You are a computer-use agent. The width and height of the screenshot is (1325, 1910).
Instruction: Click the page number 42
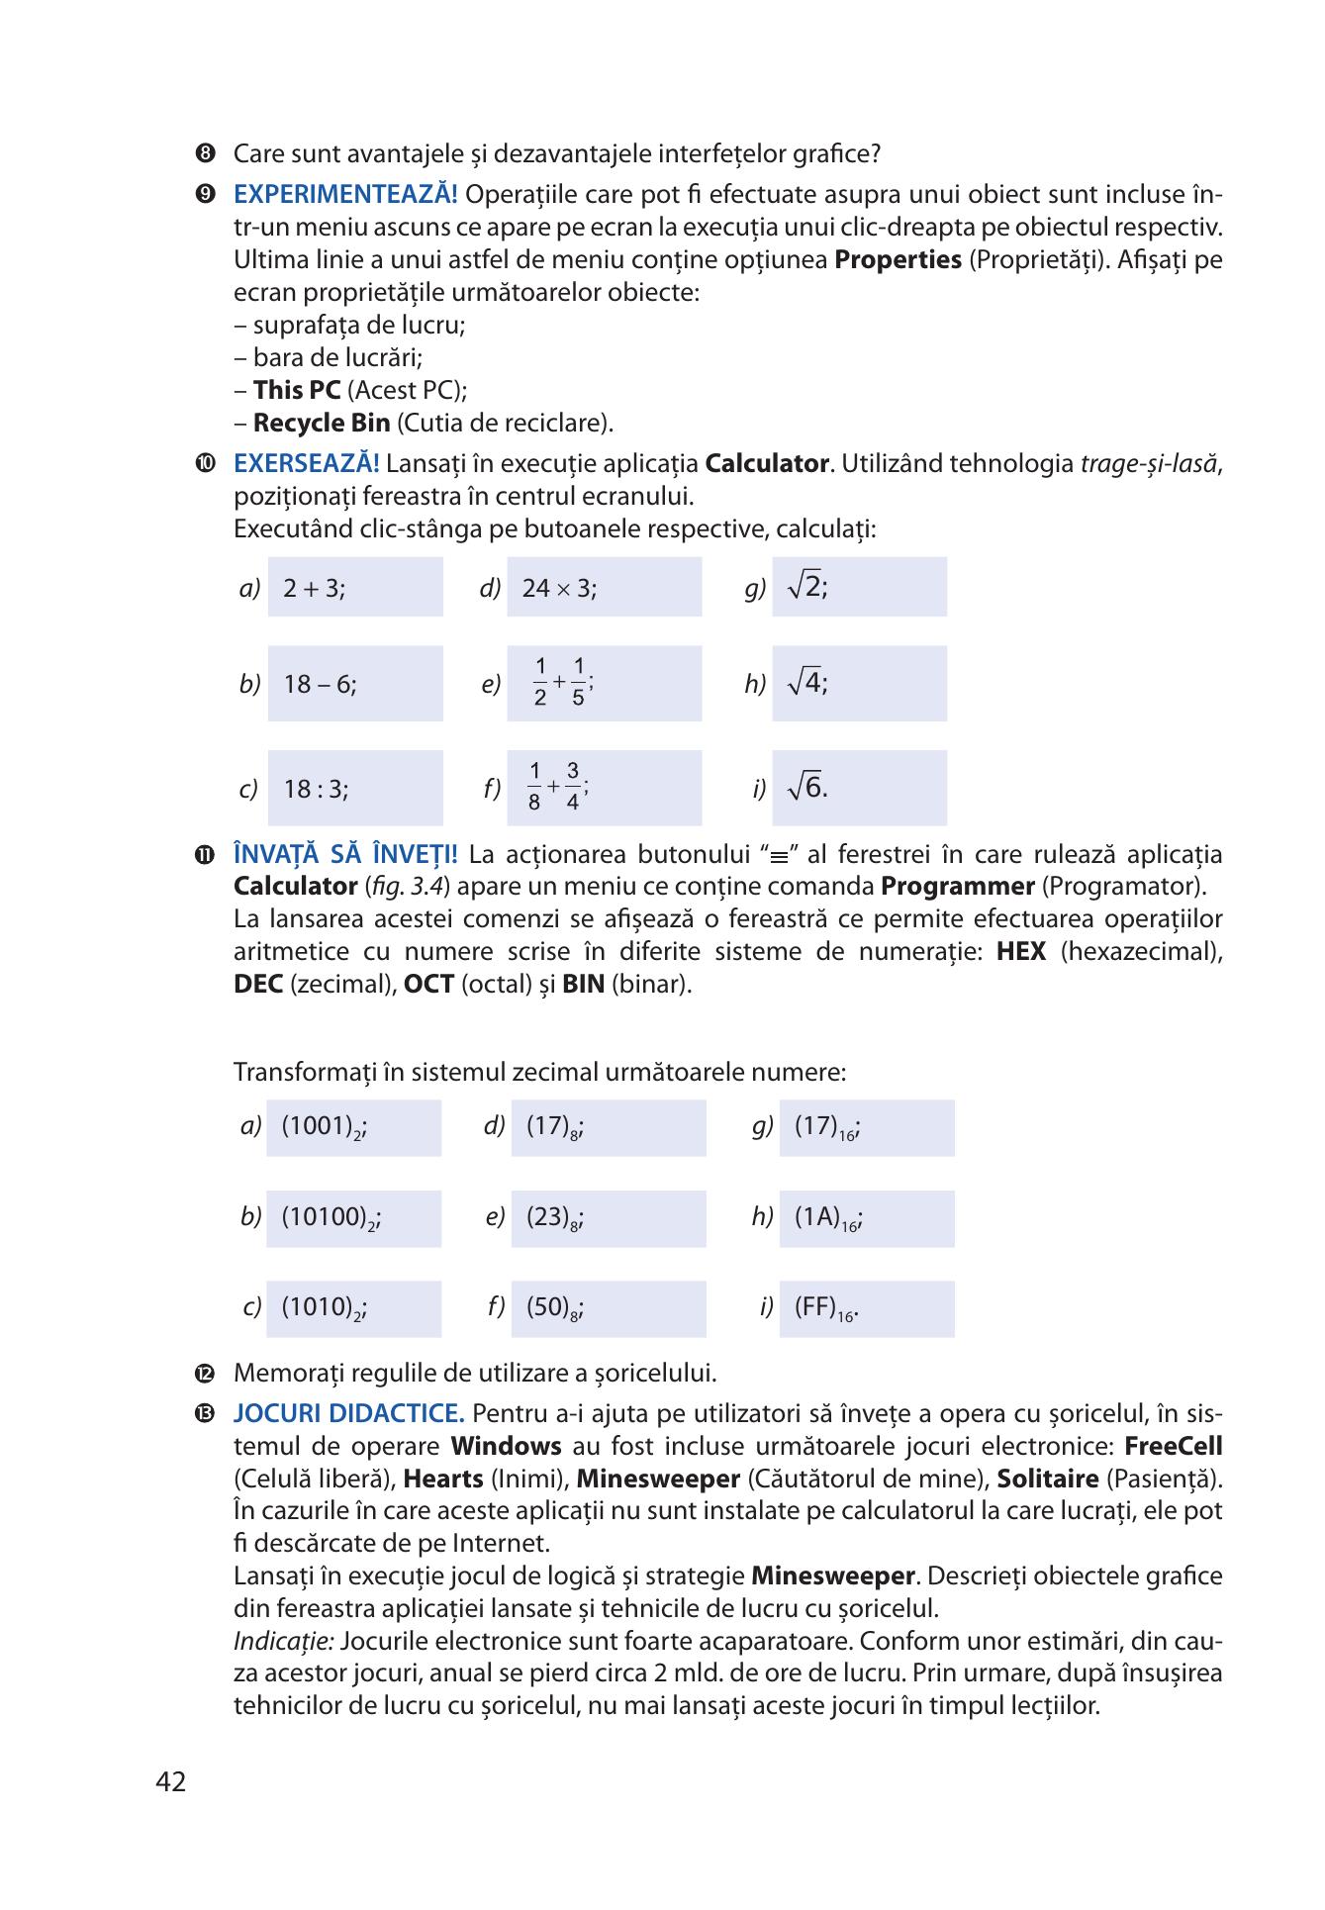(170, 1782)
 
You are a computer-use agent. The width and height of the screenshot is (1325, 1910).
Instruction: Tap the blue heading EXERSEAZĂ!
(307, 463)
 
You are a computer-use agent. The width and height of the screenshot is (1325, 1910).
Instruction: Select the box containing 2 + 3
(354, 588)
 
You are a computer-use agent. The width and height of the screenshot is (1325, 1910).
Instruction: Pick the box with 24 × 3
(603, 588)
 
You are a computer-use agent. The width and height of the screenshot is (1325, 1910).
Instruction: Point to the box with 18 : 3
(354, 789)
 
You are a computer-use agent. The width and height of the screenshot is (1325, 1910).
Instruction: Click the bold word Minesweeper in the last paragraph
(832, 1576)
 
